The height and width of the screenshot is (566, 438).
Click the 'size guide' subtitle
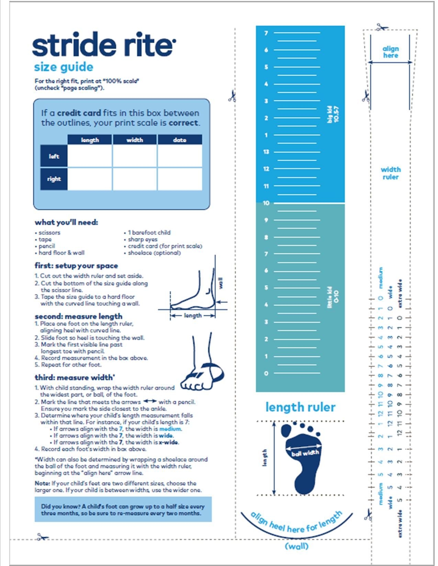[64, 67]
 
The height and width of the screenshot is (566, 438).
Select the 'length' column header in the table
[90, 140]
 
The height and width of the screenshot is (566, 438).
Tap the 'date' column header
[180, 140]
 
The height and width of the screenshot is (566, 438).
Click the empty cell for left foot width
[135, 156]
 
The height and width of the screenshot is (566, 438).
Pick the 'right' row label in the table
[54, 179]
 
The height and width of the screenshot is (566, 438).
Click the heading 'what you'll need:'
[66, 222]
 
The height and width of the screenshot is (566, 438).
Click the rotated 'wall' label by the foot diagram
[221, 283]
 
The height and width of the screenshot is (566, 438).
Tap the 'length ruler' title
[300, 407]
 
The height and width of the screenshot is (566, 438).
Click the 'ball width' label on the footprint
[305, 453]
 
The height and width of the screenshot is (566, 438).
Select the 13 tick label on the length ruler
[266, 152]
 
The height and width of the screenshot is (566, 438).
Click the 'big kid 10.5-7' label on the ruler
[333, 114]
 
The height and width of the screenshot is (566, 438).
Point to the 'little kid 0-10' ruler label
[333, 297]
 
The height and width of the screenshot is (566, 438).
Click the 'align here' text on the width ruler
[391, 52]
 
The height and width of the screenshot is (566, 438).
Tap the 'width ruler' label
[391, 173]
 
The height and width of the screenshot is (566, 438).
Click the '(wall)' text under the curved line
[297, 546]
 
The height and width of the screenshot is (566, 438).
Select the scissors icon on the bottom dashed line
[42, 537]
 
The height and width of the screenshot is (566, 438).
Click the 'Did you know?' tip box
[123, 510]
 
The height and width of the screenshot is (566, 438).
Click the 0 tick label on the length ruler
[266, 373]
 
